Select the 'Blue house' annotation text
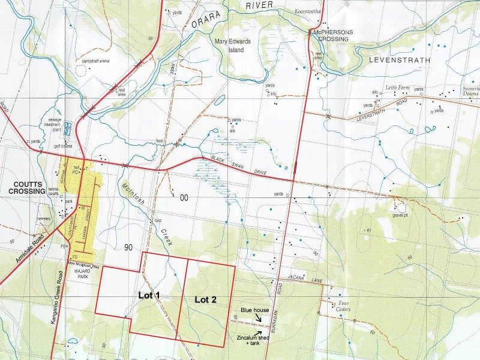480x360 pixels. click(x=254, y=310)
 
